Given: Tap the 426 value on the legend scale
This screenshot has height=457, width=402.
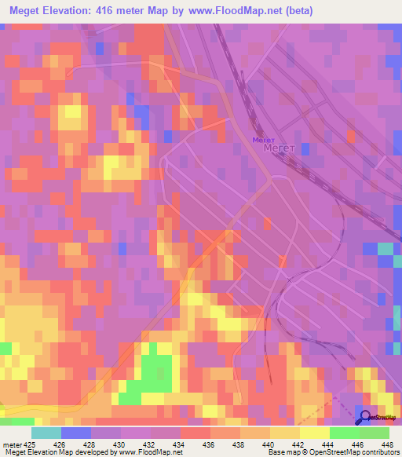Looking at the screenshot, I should point(75,444).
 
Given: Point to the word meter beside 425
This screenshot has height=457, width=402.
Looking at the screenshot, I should point(13,444).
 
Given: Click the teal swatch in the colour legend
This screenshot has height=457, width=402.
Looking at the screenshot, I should point(46,433).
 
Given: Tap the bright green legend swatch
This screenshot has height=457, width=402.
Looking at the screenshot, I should point(344,433).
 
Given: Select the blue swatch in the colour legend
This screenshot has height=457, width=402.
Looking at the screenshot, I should point(75,433).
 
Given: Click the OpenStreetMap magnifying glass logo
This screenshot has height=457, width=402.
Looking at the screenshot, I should point(364,418).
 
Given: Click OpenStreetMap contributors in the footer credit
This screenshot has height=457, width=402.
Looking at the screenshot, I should point(356,452).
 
